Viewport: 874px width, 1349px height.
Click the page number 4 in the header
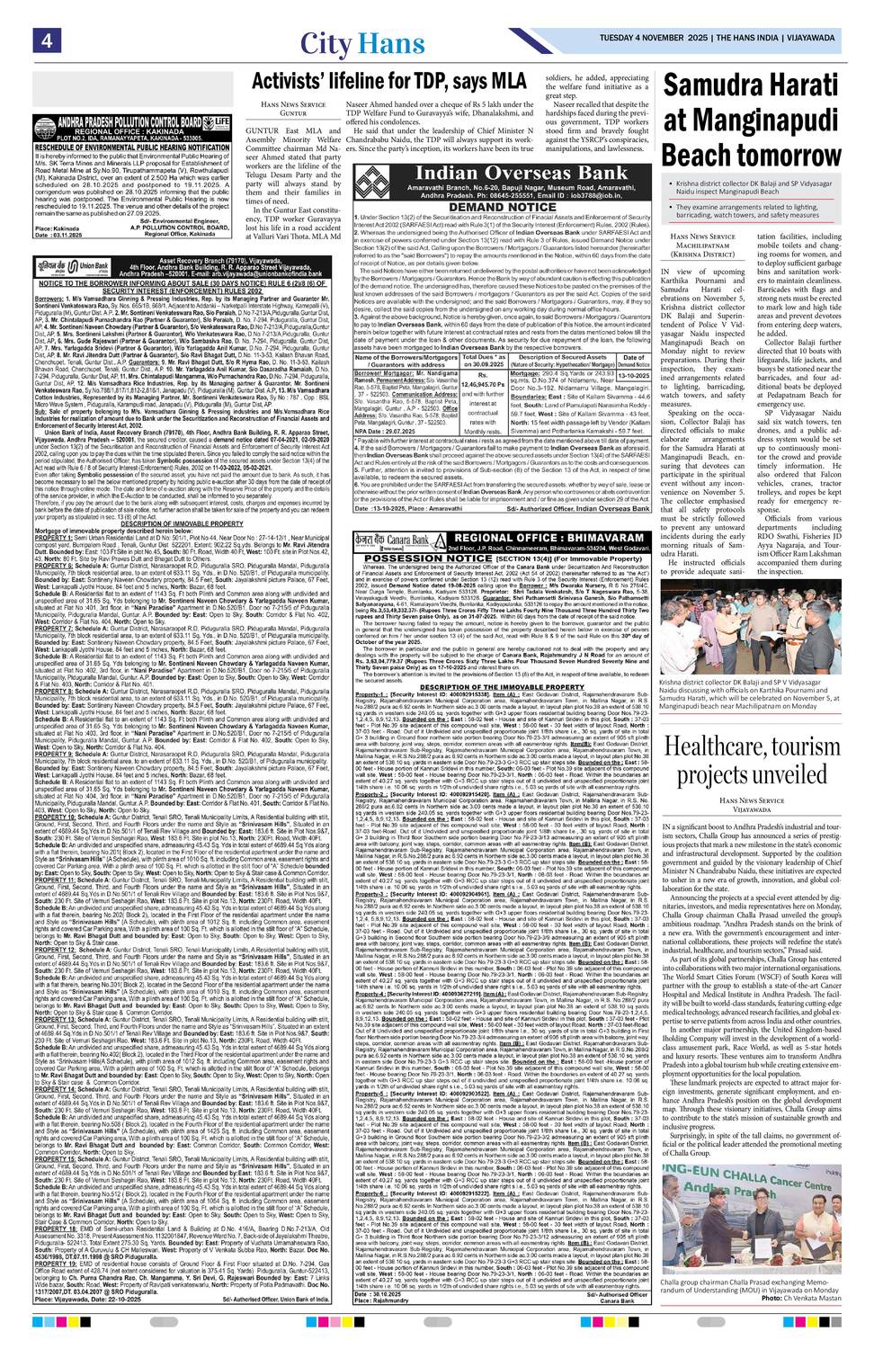[43, 40]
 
